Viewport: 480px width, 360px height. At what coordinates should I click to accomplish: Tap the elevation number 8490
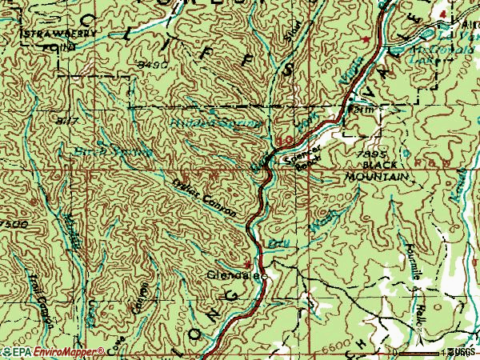pyautogui.click(x=152, y=62)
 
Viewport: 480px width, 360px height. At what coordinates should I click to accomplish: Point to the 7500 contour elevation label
pyautogui.click(x=14, y=225)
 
